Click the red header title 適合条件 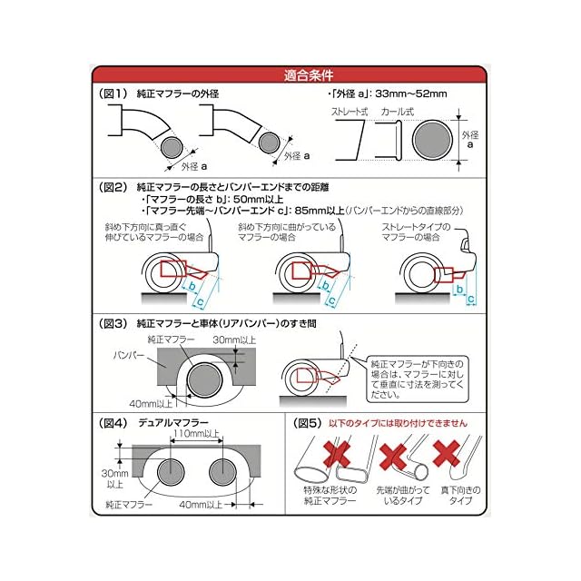click(290, 76)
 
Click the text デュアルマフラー click(172, 423)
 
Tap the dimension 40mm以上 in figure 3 click(150, 403)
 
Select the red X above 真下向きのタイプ click(448, 453)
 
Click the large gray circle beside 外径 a click(432, 143)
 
